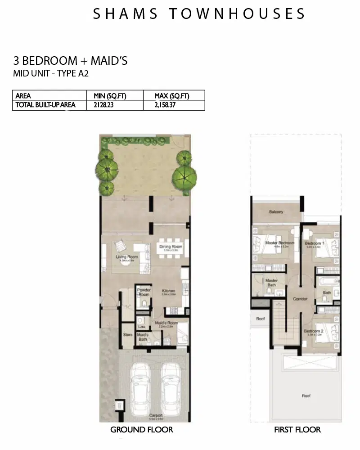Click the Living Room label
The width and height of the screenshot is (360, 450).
(x=126, y=257)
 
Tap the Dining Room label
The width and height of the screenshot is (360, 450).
(x=171, y=247)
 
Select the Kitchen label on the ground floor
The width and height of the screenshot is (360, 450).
(x=168, y=291)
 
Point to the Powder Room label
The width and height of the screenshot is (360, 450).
(x=144, y=292)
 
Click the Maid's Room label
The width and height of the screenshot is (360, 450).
(x=166, y=323)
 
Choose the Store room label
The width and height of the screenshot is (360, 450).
(x=128, y=334)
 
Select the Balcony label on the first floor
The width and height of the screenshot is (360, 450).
(x=276, y=212)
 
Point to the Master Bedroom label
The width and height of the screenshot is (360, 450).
(x=279, y=243)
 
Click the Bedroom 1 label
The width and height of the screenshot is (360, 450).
(x=315, y=243)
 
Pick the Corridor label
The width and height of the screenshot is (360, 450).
(x=300, y=299)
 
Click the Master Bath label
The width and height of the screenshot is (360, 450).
(x=271, y=283)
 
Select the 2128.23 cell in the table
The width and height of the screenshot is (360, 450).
(x=105, y=105)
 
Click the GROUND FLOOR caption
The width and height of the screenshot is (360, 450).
(x=141, y=430)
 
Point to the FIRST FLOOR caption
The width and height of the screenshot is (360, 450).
(x=297, y=430)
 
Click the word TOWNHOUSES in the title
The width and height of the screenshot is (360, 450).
(x=238, y=13)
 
